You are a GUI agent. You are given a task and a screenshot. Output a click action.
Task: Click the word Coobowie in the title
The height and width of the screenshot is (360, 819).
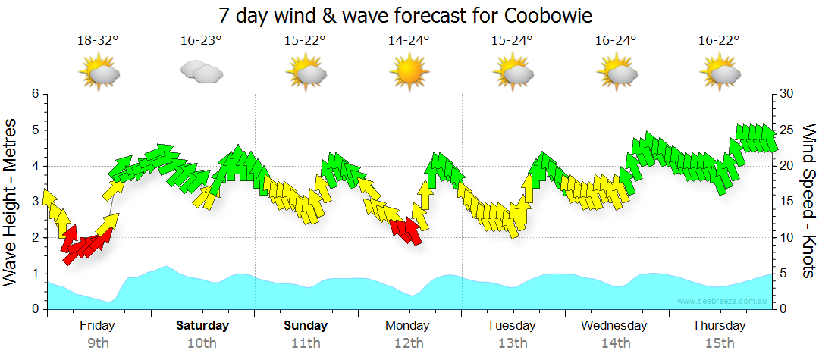[547, 15]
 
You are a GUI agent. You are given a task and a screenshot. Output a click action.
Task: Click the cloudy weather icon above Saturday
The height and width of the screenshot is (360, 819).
[201, 72]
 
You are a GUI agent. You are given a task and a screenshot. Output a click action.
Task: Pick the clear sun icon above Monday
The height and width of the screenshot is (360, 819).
[409, 72]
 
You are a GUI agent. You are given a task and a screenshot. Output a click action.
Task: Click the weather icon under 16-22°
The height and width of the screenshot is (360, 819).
[720, 72]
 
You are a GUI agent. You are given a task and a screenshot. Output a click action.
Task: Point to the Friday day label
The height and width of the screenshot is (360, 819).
[97, 326]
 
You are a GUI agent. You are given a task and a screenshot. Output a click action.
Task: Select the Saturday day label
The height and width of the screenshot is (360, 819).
[202, 326]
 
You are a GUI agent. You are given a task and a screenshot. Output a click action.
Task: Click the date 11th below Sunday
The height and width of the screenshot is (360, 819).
[306, 343]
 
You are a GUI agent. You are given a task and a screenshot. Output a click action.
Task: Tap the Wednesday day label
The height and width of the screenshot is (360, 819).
[614, 326]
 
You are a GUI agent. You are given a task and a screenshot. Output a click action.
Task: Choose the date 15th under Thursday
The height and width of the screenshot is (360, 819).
[720, 343]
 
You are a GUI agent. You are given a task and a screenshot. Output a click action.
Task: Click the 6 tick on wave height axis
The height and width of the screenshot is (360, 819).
[35, 94]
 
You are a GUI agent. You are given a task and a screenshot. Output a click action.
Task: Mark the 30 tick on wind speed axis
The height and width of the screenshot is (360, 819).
[787, 94]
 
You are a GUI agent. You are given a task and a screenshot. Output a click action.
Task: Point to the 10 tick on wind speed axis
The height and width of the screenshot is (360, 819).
[787, 238]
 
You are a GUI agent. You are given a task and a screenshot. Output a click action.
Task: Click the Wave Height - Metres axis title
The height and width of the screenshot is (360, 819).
[11, 203]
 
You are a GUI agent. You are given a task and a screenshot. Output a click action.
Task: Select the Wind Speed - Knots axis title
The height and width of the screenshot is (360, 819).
[808, 202]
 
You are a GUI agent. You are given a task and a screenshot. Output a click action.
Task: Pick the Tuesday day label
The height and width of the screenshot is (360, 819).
[511, 326]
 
